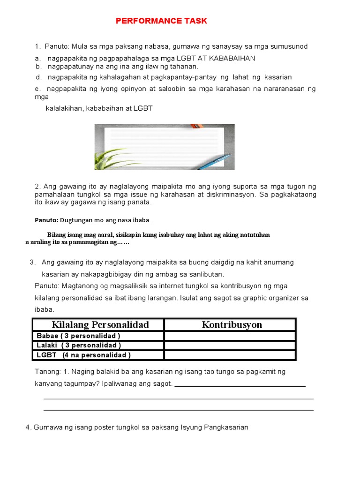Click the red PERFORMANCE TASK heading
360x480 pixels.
click(161, 21)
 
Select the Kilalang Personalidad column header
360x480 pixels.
click(100, 325)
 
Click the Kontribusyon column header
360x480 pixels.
click(232, 325)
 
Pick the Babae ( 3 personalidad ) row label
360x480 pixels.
click(79, 336)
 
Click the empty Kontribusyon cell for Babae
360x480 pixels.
click(230, 336)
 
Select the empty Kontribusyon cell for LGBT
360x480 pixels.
click(230, 355)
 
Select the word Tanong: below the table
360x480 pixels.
click(47, 372)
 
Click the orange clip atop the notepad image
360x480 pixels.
click(197, 126)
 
